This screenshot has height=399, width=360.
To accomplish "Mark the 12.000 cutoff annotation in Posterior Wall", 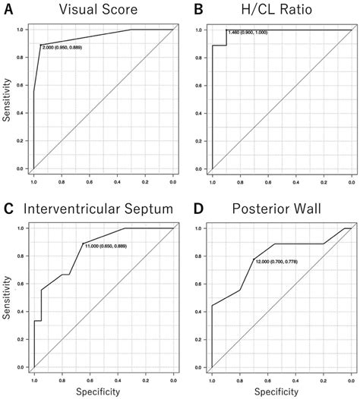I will click(x=278, y=262).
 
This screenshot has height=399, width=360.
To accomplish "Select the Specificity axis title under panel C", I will click(x=103, y=391).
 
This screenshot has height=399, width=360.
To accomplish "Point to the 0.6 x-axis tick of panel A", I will click(x=89, y=181).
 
